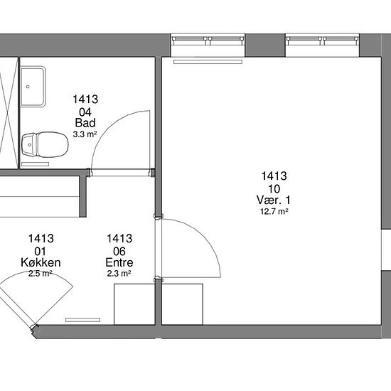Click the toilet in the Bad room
click(x=45, y=144)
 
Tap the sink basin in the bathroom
click(x=33, y=87)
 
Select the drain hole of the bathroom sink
click(x=28, y=87)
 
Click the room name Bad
click(x=85, y=123)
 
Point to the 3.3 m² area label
click(x=85, y=134)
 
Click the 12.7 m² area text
click(x=274, y=212)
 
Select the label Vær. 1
click(x=274, y=200)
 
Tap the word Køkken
click(x=41, y=262)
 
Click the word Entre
click(x=119, y=262)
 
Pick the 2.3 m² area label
click(x=119, y=274)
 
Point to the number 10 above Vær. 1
click(x=274, y=189)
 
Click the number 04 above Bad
click(x=85, y=112)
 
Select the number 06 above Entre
click(x=119, y=252)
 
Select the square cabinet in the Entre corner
click(x=134, y=304)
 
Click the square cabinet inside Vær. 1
click(x=182, y=304)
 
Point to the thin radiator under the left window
click(x=208, y=62)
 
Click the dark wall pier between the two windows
click(x=265, y=45)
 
